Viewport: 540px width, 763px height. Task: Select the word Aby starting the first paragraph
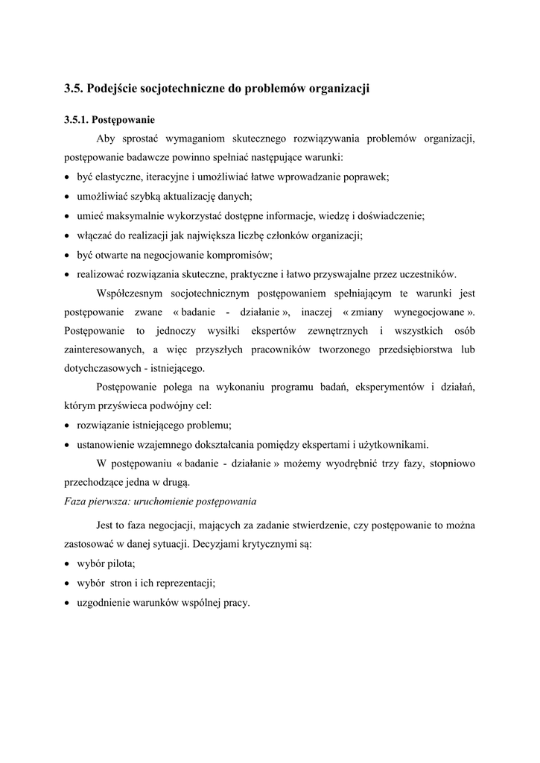coord(107,139)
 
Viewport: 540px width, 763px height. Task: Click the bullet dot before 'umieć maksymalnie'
coord(67,216)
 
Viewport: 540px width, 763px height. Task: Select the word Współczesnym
coord(129,294)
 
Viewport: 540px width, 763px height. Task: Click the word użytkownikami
coord(390,446)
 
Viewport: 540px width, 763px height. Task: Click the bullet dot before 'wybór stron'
coord(67,583)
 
